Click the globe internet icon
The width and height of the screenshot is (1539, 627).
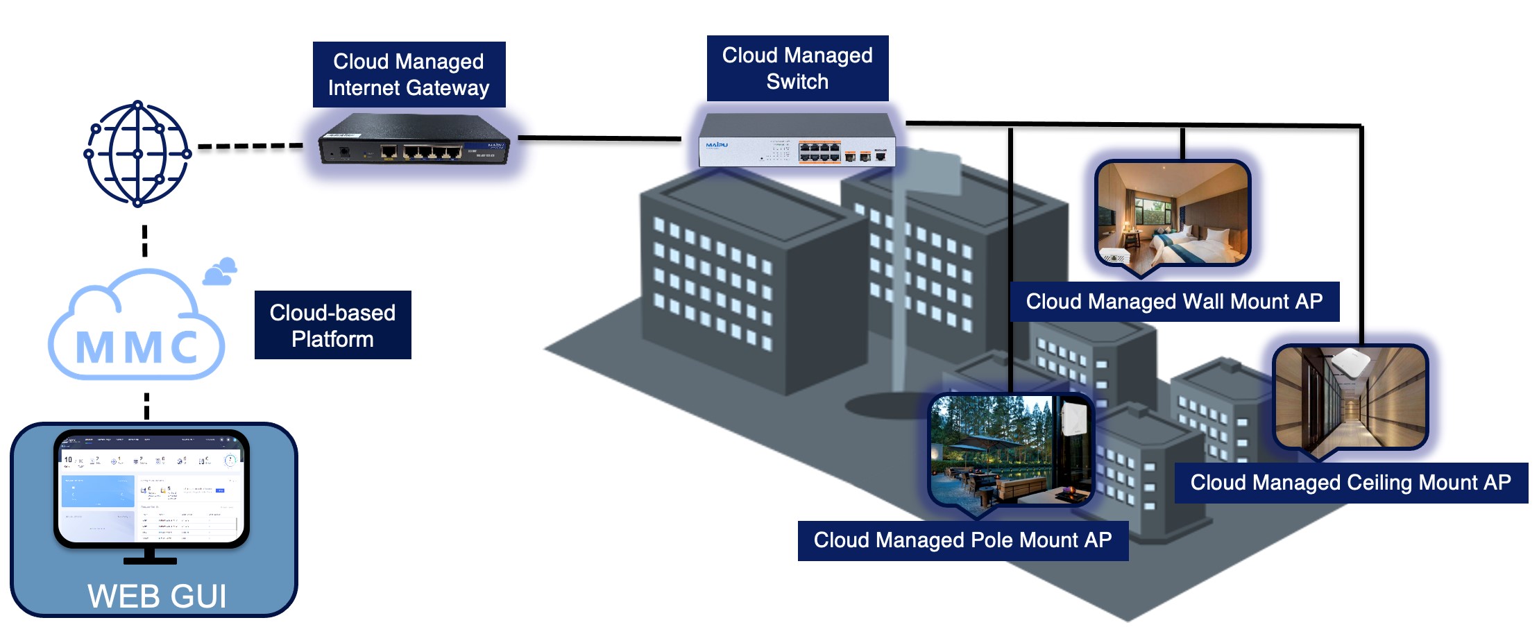(137, 153)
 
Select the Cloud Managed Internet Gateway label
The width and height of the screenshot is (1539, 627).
(409, 75)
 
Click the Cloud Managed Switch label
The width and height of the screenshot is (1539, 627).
(797, 69)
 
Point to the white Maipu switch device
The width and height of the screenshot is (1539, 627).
(797, 141)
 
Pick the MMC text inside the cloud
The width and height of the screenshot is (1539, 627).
(137, 347)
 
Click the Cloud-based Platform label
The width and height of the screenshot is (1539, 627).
(332, 325)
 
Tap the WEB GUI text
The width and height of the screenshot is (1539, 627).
(157, 596)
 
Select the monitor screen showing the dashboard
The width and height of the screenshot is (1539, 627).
(151, 490)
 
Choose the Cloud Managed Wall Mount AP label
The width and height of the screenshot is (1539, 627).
(1174, 302)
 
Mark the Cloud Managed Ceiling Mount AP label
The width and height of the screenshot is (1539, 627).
(1350, 483)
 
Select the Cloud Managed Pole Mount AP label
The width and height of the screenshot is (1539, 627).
(962, 540)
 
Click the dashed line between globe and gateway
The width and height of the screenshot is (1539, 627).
(250, 146)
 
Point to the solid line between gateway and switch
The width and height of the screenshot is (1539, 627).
(600, 138)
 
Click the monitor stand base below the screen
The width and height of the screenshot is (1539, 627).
(150, 560)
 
